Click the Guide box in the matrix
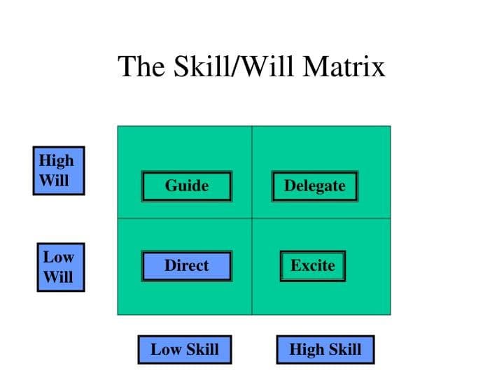pyautogui.click(x=186, y=186)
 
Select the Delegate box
pyautogui.click(x=314, y=186)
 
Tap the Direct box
pyautogui.click(x=186, y=266)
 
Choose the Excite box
pyautogui.click(x=312, y=266)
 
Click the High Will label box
pyautogui.click(x=58, y=170)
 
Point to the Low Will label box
pyautogui.click(x=59, y=267)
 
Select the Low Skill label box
pyautogui.click(x=184, y=349)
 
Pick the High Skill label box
pyautogui.click(x=325, y=349)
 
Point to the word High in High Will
pyautogui.click(x=56, y=160)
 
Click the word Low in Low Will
pyautogui.click(x=58, y=256)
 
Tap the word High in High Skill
pyautogui.click(x=306, y=349)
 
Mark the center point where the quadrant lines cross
pyautogui.click(x=252, y=218)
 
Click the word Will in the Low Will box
pyautogui.click(x=58, y=276)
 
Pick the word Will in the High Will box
pyautogui.click(x=54, y=180)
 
